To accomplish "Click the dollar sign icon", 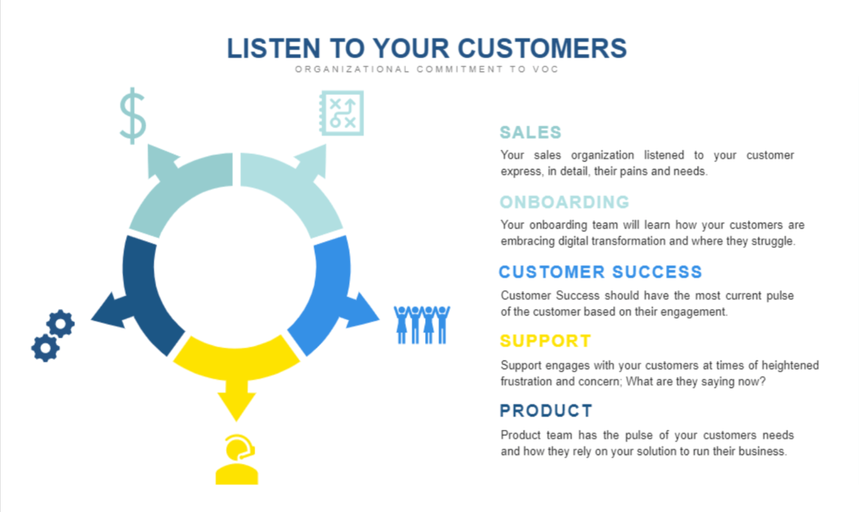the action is tap(132, 116).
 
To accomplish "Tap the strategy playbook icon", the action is tap(341, 113).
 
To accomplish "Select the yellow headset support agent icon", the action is tap(236, 459).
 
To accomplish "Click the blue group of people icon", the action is tap(422, 325).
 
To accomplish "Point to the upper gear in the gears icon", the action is tap(61, 323).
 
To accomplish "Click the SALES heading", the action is tap(530, 133).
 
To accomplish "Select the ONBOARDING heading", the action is tap(564, 202).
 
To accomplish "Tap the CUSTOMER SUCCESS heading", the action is tap(600, 272).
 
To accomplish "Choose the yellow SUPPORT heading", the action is tap(546, 341).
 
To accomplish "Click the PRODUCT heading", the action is tap(546, 411).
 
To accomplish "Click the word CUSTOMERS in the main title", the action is tap(542, 48).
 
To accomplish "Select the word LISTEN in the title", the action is tap(274, 48).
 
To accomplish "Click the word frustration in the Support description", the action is tap(525, 382).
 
